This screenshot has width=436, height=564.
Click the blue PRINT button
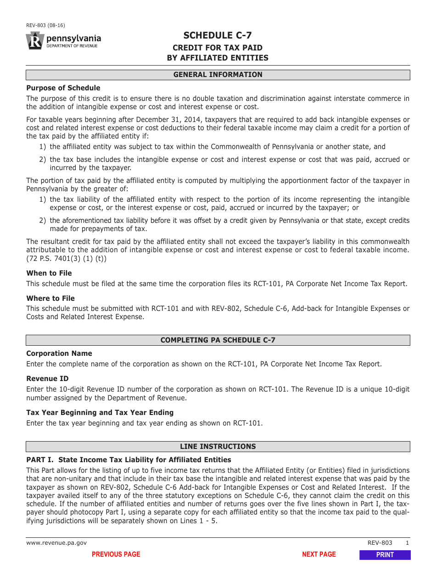(385, 554)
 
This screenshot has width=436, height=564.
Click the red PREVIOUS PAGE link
(116, 554)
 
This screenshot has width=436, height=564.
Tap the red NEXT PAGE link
(319, 554)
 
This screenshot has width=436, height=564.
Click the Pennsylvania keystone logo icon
(35, 41)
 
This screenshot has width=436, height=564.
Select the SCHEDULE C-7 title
(218, 36)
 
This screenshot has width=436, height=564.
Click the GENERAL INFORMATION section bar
(218, 75)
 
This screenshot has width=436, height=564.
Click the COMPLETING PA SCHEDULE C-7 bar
(218, 340)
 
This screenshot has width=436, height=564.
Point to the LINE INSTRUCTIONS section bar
(218, 447)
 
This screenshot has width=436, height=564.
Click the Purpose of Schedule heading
(63, 88)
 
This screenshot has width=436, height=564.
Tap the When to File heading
(49, 273)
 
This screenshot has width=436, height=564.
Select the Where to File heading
(50, 299)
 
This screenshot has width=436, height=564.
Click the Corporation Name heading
(59, 354)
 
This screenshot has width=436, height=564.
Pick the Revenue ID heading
(47, 379)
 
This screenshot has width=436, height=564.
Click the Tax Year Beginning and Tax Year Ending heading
(100, 413)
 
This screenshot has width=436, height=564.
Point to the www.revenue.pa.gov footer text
(56, 543)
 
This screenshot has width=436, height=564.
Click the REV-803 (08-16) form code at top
(45, 26)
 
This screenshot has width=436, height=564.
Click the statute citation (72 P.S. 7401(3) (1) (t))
(66, 259)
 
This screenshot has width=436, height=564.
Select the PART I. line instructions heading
(129, 460)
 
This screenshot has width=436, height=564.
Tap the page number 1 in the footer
(407, 543)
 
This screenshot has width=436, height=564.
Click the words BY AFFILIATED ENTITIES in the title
(218, 58)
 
